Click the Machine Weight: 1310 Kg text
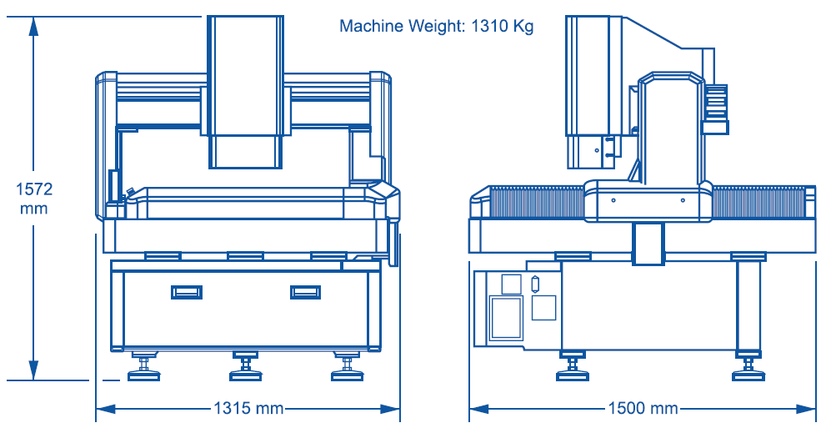pos(436,26)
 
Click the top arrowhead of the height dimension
pos(34,25)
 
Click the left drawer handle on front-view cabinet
pos(187,291)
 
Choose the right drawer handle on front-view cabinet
pos(305,291)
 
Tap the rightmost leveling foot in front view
pos(346,367)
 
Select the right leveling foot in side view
pos(748,367)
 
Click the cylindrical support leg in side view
pos(748,305)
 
